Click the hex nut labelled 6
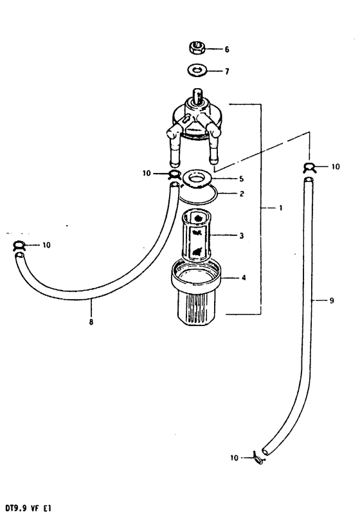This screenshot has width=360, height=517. click(197, 48)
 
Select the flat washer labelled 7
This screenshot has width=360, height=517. click(197, 70)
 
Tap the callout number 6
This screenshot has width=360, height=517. click(227, 50)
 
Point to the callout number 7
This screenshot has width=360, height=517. click(227, 71)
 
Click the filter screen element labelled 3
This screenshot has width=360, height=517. click(197, 235)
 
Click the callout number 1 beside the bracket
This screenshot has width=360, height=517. click(280, 208)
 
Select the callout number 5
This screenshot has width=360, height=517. click(241, 179)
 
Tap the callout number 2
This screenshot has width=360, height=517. click(242, 194)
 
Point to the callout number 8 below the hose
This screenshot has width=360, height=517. click(91, 322)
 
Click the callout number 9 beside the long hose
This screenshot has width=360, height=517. click(332, 300)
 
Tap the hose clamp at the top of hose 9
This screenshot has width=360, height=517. click(309, 168)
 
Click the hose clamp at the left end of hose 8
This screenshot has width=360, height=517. click(19, 246)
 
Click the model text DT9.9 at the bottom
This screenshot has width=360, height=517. click(15, 508)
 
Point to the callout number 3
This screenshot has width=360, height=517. click(242, 236)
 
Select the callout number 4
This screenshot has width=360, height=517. click(244, 278)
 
